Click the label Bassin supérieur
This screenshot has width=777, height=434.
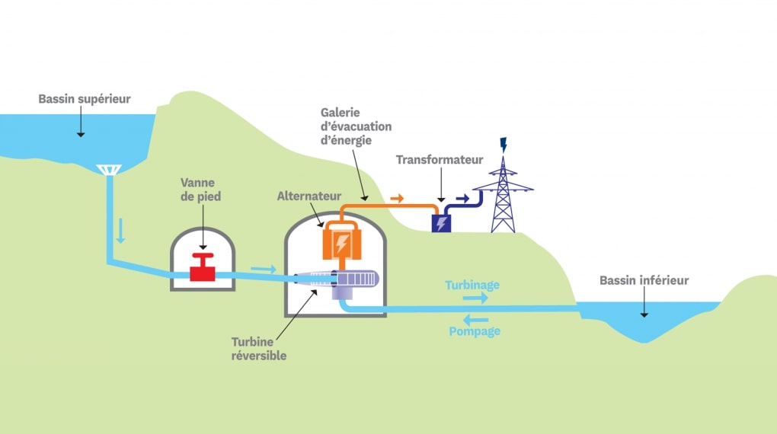pyautogui.click(x=85, y=99)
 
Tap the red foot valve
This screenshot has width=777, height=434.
pyautogui.click(x=203, y=268)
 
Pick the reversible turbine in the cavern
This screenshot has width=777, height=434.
pyautogui.click(x=347, y=281)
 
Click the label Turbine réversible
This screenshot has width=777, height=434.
pyautogui.click(x=259, y=349)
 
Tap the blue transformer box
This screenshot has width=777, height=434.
pyautogui.click(x=441, y=222)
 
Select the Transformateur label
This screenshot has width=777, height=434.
pyautogui.click(x=440, y=160)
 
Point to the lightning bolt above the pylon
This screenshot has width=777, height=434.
pyautogui.click(x=503, y=143)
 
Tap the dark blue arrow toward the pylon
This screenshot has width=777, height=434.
pyautogui.click(x=462, y=199)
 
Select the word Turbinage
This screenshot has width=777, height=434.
pyautogui.click(x=472, y=285)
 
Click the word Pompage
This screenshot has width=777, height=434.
pyautogui.click(x=475, y=331)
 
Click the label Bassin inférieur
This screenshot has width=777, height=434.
pyautogui.click(x=644, y=281)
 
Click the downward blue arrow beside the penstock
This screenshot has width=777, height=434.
pyautogui.click(x=120, y=231)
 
